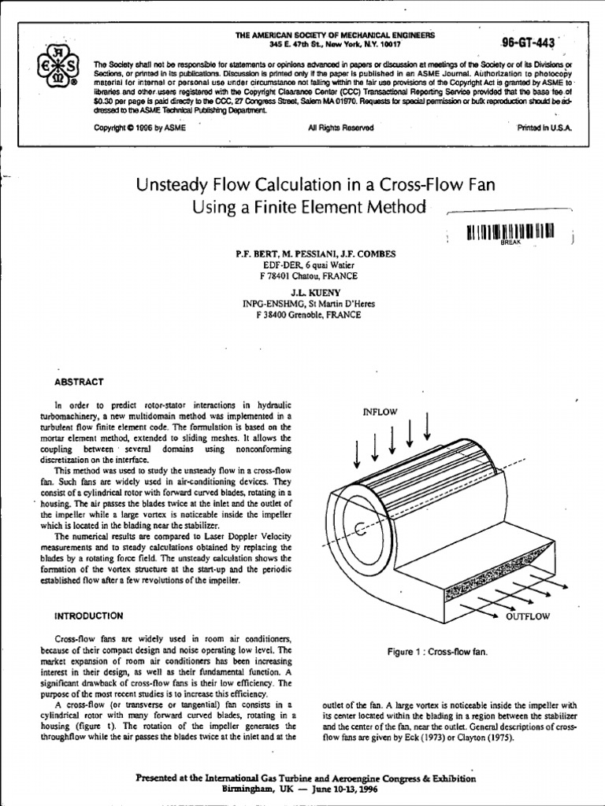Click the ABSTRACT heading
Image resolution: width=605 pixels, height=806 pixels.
[78, 382]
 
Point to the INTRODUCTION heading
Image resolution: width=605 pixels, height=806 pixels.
[88, 615]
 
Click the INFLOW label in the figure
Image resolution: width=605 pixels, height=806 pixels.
[380, 412]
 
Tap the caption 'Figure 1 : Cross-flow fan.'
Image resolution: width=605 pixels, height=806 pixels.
[437, 653]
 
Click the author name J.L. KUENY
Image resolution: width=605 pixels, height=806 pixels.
[302, 292]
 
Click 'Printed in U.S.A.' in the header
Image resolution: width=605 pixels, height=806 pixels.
[544, 128]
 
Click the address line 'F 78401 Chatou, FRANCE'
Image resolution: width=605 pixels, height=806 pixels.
[303, 276]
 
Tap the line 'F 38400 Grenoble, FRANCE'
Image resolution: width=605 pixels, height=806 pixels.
[303, 315]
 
